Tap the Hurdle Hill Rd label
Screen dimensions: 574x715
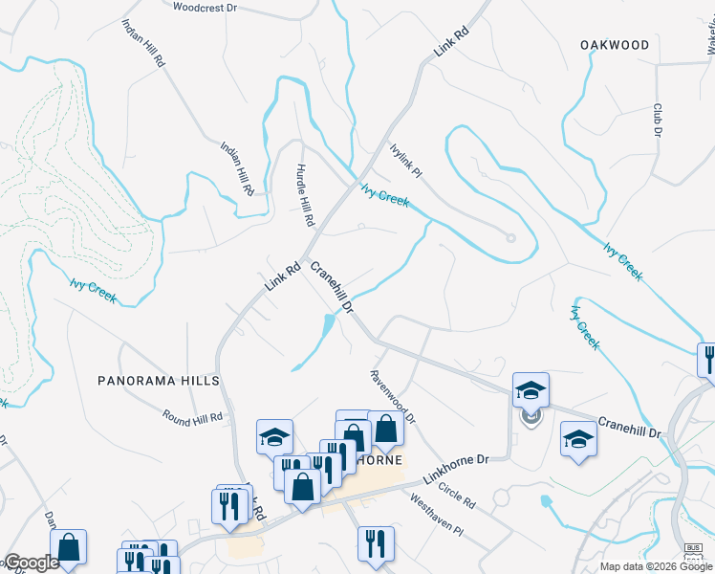pyautogui.click(x=305, y=195)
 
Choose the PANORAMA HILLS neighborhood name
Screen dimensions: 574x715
pyautogui.click(x=159, y=381)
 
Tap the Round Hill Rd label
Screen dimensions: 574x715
pyautogui.click(x=192, y=417)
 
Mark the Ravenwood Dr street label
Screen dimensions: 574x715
pyautogui.click(x=394, y=397)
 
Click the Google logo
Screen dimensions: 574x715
pyautogui.click(x=31, y=563)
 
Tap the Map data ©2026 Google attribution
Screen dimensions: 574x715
pyautogui.click(x=657, y=566)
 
